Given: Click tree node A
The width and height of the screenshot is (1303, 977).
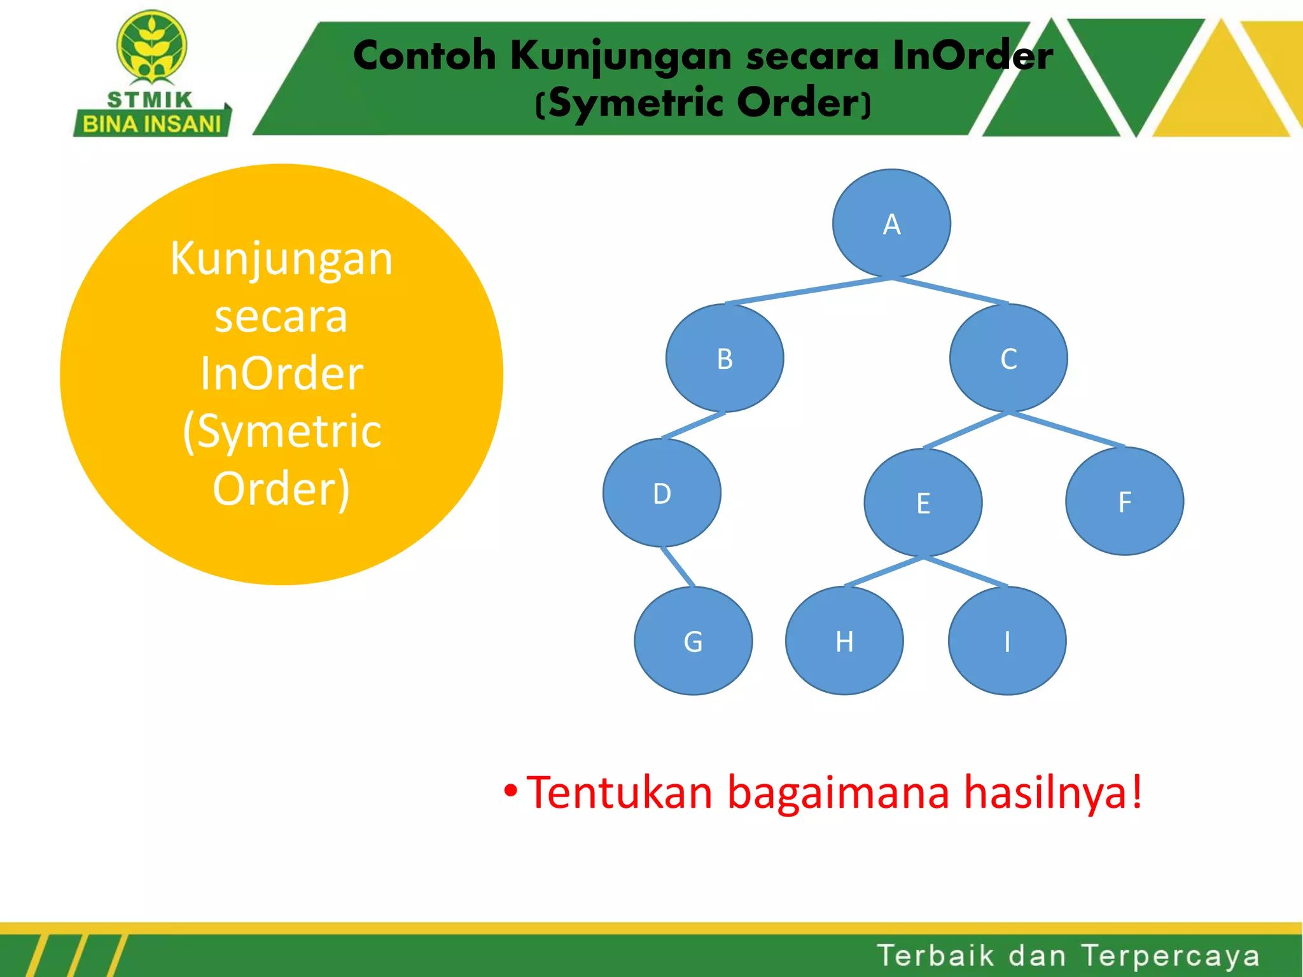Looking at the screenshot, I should coord(891,224).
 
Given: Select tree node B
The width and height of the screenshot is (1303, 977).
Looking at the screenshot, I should coord(725,358).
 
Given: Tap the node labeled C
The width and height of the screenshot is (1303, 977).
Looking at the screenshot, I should coord(1008,358).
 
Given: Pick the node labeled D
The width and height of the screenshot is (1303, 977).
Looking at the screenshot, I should coord(662,493).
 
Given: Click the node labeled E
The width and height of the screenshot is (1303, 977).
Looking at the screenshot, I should coord(923,502).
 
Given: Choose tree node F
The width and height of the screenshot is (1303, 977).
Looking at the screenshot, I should coord(1124,501).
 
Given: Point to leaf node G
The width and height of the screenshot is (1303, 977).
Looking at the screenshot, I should coord(693,641).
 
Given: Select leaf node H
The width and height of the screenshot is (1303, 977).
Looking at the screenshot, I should coord(844,641).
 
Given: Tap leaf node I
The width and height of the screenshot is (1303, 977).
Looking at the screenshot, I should coord(1007,641).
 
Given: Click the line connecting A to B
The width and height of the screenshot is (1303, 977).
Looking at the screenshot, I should coord(808,291).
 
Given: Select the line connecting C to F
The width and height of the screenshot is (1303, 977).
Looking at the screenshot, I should coord(1067,429).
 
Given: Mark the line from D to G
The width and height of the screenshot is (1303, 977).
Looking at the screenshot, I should coord(678,566).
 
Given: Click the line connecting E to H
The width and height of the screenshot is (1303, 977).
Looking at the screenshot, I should coord(884,571).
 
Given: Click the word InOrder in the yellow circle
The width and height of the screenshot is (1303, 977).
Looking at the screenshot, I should coord(281,373).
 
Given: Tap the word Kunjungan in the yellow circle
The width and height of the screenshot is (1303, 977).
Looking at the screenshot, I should coord(281,260).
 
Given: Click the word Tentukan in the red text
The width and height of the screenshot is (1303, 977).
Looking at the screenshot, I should coord(620,793).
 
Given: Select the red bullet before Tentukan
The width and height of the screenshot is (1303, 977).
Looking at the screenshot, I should coord(510,791).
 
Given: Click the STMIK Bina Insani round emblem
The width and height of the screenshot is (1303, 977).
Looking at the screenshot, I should coord(151,46).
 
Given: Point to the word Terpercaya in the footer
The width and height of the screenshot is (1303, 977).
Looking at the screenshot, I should coord(1170,955).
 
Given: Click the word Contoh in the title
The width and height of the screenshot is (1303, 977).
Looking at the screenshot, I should coord(424,55).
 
